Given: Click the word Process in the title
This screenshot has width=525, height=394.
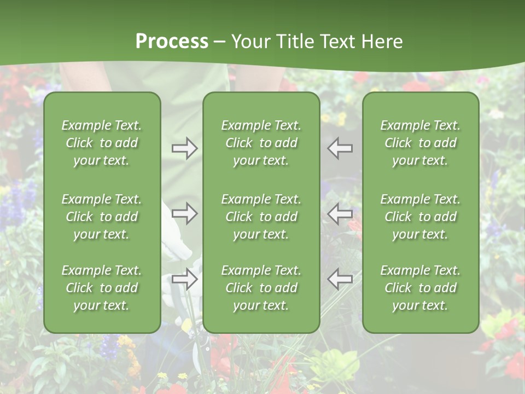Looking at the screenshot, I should pyautogui.click(x=172, y=42).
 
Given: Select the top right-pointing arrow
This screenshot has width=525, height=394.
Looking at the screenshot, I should pyautogui.click(x=184, y=148).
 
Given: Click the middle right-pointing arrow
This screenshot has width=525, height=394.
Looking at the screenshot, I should pyautogui.click(x=184, y=213).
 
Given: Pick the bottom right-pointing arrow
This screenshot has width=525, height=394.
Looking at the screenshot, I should pyautogui.click(x=184, y=280).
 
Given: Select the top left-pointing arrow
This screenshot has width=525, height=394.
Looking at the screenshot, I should pyautogui.click(x=340, y=148).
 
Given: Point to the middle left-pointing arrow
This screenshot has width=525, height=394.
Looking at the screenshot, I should pyautogui.click(x=340, y=213).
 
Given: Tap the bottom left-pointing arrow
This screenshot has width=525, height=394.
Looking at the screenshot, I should pyautogui.click(x=340, y=280).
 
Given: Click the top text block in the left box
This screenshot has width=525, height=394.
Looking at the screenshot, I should pyautogui.click(x=102, y=143).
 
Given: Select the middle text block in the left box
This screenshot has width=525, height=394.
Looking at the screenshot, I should pyautogui.click(x=102, y=217).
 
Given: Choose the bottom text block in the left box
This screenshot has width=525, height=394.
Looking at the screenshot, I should pyautogui.click(x=102, y=288).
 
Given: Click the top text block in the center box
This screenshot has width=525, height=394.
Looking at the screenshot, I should pyautogui.click(x=261, y=143).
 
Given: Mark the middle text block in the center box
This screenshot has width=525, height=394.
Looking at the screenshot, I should pyautogui.click(x=261, y=217).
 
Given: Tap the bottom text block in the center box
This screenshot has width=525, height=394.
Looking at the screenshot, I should pyautogui.click(x=261, y=288).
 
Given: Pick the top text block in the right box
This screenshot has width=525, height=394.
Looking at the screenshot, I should pyautogui.click(x=421, y=143).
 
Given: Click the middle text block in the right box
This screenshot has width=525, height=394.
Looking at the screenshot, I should pyautogui.click(x=421, y=217).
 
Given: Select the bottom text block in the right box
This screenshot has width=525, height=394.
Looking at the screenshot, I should pyautogui.click(x=421, y=288).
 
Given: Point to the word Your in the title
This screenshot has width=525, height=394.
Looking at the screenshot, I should pyautogui.click(x=250, y=42).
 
